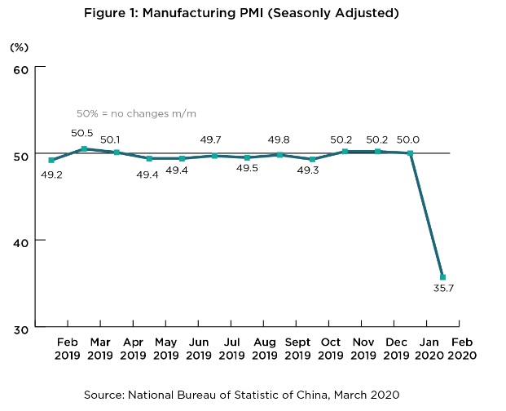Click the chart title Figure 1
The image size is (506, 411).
253,13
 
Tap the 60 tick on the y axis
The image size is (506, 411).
22,69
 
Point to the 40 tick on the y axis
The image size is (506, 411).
22,241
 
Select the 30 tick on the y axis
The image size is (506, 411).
22,328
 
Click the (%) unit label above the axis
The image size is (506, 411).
19,47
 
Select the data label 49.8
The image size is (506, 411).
280,139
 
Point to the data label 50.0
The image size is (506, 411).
410,138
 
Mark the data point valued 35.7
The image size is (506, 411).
442,277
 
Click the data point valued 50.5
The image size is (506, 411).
85,148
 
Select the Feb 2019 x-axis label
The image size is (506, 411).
68,347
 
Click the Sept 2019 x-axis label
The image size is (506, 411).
297,347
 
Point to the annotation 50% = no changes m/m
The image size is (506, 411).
136,113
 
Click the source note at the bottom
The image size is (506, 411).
241,395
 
